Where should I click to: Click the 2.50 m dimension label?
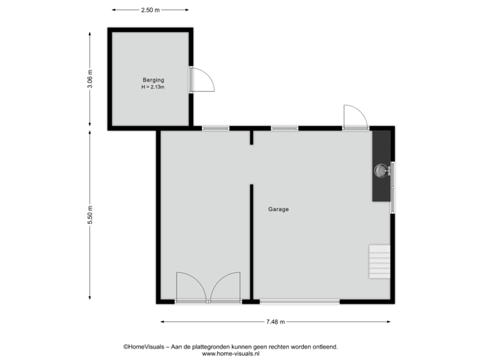pos(150,10)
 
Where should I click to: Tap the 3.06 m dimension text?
pos(91,79)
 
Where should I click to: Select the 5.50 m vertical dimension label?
pos(91,215)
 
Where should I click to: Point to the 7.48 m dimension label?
pos(276,322)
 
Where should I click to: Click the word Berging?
pos(152,80)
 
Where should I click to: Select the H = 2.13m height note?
pos(152,87)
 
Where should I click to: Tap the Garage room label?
pos(278,209)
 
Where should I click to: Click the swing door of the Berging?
pos(203,80)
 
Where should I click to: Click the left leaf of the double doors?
pos(191,287)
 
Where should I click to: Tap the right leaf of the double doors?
pos(225,287)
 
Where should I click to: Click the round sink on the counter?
pos(382,170)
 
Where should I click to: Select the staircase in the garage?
pos(379,261)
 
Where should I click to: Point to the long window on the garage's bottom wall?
pos(299,302)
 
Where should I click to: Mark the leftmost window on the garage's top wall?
pos(216,128)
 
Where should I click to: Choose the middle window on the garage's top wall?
pos(284,128)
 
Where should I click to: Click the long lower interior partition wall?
pos(252,241)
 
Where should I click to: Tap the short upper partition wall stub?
pos(252,137)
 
